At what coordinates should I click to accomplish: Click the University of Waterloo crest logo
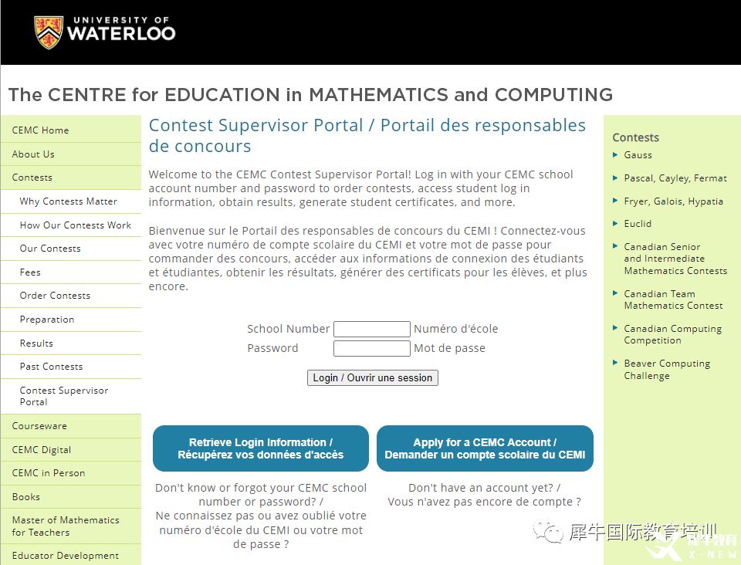(48, 32)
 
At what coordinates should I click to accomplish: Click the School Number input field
(371, 329)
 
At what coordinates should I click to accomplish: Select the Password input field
(371, 349)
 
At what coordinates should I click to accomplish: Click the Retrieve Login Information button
(261, 448)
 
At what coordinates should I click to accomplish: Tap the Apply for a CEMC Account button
(485, 448)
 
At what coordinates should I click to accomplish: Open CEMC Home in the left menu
(40, 130)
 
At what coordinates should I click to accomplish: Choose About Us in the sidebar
(33, 154)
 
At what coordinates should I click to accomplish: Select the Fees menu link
(30, 272)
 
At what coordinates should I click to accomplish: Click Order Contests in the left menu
(55, 296)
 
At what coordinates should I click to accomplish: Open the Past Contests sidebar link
(51, 367)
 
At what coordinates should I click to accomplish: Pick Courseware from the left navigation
(39, 426)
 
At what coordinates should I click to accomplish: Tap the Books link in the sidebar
(26, 497)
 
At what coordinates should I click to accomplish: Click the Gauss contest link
(638, 155)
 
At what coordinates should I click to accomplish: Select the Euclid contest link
(638, 224)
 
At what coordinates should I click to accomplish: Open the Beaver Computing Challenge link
(667, 370)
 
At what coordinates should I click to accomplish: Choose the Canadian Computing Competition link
(672, 334)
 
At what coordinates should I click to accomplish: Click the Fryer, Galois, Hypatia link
(673, 201)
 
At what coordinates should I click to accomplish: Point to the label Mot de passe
(449, 348)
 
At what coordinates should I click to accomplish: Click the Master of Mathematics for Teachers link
(66, 526)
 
